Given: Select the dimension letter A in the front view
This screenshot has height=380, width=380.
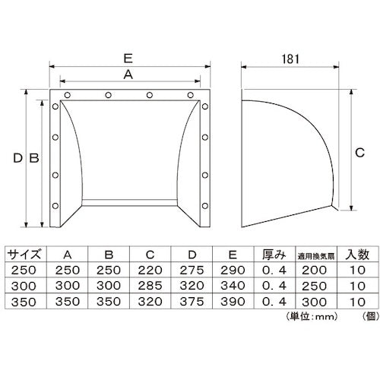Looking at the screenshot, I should click(x=128, y=74).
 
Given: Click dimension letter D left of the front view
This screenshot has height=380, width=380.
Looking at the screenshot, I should click(x=17, y=159).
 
